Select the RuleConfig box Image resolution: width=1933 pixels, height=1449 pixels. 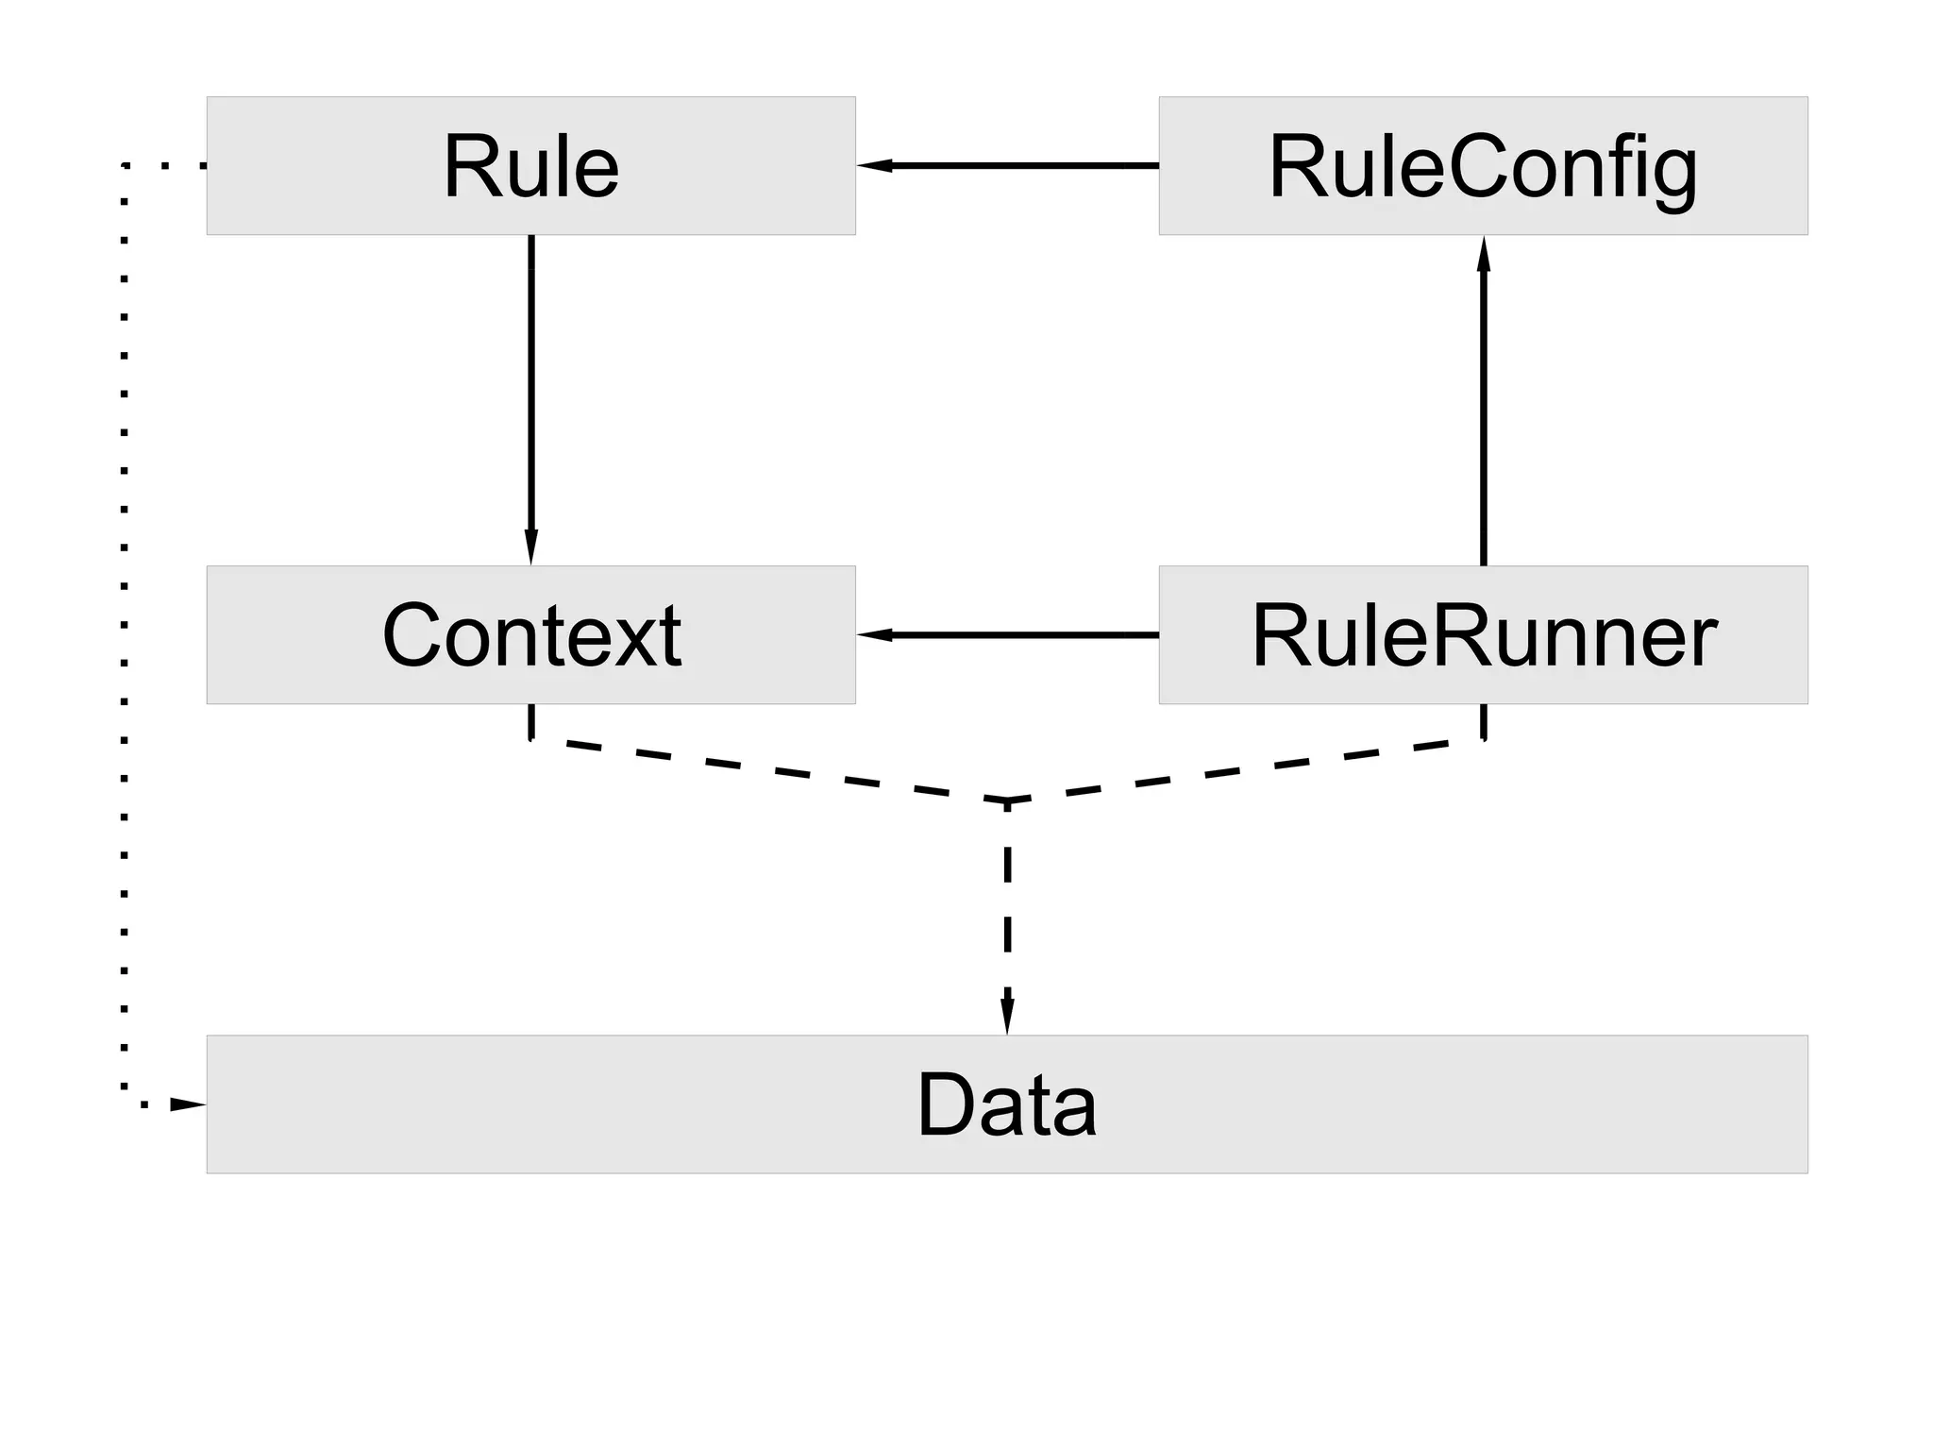pos(1483,165)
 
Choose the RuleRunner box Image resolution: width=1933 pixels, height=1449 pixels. pos(1483,634)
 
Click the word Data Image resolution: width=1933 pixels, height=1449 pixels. pos(1006,1104)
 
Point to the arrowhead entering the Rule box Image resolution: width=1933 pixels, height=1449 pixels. pos(873,165)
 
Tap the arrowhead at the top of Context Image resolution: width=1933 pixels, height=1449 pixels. pos(530,548)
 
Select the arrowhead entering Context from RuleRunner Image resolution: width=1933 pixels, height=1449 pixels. pos(873,634)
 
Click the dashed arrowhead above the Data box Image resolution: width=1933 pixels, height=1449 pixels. pos(1007,1018)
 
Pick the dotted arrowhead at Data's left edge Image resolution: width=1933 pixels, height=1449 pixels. pos(188,1104)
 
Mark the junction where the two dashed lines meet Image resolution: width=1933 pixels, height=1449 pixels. pos(1007,801)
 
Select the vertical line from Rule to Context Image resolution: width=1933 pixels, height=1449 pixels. pos(530,396)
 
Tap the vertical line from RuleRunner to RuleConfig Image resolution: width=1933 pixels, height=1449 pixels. pos(1483,415)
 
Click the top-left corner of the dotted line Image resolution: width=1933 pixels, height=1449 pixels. pos(125,166)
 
